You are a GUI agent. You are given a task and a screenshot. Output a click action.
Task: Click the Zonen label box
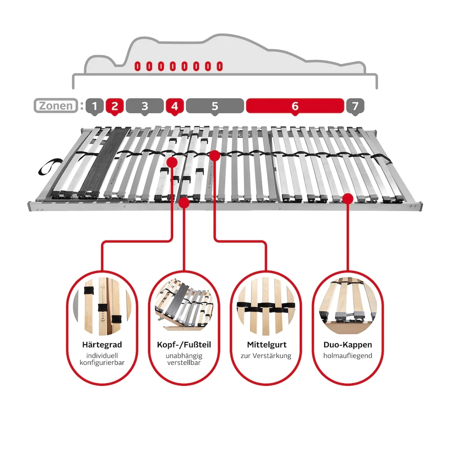click(56, 105)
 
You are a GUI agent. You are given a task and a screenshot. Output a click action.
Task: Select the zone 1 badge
click(94, 106)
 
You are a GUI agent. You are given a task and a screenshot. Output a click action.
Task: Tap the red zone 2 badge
click(115, 106)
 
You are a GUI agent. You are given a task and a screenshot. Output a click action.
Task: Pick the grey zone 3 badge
click(145, 106)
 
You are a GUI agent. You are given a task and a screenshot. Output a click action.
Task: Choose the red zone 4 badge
click(174, 106)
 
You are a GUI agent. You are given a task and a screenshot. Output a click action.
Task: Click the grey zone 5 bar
click(215, 106)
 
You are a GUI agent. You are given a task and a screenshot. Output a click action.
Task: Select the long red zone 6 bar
click(295, 106)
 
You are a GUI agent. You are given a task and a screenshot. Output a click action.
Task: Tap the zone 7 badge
click(355, 106)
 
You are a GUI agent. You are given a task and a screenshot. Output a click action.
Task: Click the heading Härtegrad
click(102, 345)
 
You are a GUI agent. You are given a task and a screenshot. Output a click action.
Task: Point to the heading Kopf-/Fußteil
click(184, 345)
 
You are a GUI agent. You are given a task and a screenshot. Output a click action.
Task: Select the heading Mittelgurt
click(267, 345)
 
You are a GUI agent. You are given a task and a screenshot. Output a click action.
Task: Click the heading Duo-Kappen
click(348, 345)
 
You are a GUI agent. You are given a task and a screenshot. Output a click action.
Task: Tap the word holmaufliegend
click(348, 356)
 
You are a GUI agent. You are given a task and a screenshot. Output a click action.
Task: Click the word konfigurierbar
click(102, 363)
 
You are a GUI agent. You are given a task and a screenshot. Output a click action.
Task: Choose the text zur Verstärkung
click(266, 356)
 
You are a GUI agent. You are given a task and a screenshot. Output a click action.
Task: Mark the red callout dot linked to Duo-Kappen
click(348, 199)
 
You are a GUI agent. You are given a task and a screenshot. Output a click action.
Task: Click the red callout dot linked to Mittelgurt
click(214, 156)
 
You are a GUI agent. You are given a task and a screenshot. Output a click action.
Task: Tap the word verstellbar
click(184, 363)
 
